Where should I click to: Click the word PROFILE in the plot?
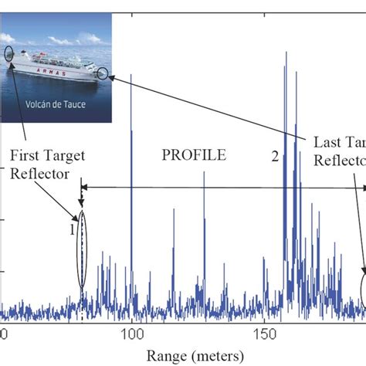click(x=194, y=154)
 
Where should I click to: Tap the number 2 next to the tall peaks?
click(x=274, y=157)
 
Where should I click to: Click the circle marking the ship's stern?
click(x=8, y=54)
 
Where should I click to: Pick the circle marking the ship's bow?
click(x=103, y=73)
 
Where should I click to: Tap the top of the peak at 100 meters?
click(x=131, y=75)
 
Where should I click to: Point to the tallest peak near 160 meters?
click(x=286, y=53)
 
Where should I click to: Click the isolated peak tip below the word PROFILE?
click(x=204, y=171)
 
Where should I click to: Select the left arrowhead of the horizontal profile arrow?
click(x=85, y=187)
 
